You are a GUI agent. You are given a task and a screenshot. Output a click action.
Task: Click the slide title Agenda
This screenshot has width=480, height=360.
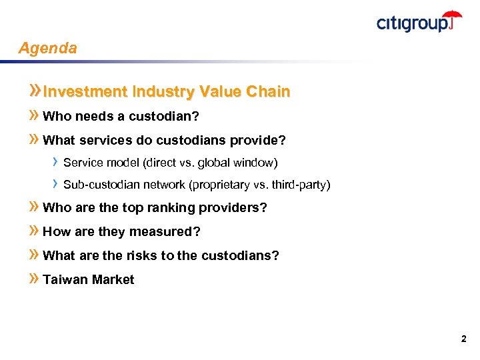pos(48,49)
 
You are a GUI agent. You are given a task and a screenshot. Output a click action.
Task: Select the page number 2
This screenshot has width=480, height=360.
pos(463,339)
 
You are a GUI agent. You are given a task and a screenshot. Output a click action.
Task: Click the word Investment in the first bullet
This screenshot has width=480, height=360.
pos(85,92)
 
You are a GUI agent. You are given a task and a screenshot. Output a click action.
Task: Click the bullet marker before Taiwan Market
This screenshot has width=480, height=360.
pos(35,280)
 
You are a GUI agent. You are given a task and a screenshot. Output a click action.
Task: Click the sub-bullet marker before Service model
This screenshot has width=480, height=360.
pos(56,162)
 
